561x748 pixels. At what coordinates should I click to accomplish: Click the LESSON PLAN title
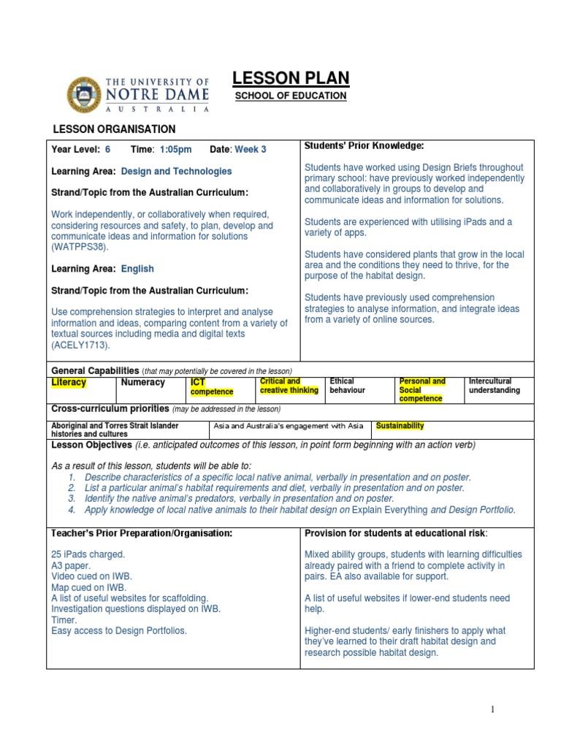290,78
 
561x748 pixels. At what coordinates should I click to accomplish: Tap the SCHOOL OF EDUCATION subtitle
290,96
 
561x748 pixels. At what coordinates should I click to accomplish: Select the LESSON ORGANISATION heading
114,129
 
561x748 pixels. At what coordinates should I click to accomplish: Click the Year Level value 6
108,150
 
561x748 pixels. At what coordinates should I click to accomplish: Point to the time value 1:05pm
175,150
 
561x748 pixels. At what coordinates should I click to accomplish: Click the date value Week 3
251,150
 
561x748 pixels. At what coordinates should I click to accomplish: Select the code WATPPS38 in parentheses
80,248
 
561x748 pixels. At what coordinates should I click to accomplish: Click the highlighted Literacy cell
69,383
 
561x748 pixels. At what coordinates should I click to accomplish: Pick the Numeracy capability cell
142,383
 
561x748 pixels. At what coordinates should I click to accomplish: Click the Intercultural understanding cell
494,386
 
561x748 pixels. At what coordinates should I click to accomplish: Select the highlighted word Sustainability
400,426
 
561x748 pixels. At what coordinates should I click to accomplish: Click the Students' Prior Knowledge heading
364,146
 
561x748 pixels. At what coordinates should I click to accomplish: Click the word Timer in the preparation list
64,619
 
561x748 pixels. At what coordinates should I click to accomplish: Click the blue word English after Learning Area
137,269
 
